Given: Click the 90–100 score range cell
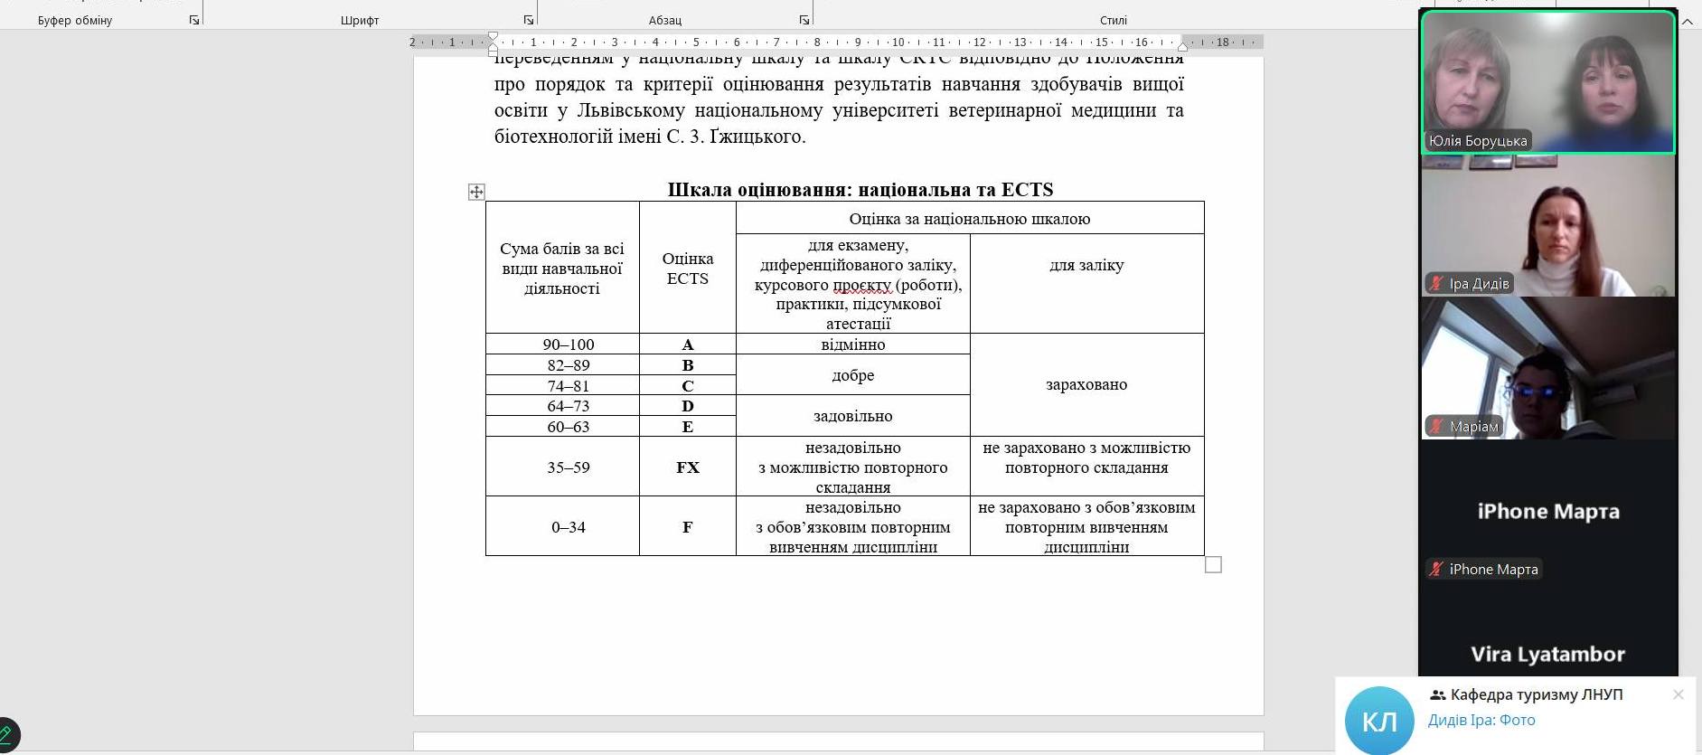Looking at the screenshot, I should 569,344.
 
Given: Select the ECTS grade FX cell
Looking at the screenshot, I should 688,467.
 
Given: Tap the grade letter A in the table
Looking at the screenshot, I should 688,344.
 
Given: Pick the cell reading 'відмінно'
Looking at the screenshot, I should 853,344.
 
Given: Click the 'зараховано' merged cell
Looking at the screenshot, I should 1086,384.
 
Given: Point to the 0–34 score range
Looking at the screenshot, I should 569,527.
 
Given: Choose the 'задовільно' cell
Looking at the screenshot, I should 853,416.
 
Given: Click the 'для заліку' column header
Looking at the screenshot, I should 1086,265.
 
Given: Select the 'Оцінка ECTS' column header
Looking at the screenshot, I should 688,269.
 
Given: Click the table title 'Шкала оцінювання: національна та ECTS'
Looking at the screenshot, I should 860,190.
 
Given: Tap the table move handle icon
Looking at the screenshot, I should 476,192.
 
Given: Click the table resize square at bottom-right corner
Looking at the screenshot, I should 1213,564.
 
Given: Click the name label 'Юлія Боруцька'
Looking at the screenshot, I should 1478,141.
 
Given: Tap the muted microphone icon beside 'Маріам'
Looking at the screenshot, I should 1435,426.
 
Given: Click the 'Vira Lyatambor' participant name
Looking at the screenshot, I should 1547,654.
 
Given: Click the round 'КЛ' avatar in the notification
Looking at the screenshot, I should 1378,721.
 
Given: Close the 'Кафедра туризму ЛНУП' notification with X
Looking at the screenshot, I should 1678,694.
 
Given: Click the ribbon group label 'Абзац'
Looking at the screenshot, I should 665,20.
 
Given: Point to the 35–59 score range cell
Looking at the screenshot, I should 569,467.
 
